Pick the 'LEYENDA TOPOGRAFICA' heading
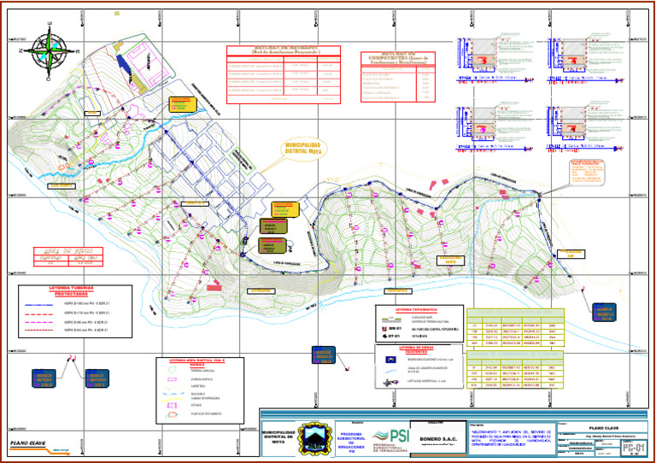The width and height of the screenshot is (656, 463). point(418,310)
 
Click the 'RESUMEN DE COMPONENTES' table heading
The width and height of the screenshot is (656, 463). point(397,56)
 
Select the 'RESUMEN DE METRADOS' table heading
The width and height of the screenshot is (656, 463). point(284,50)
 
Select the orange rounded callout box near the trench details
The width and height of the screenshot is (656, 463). point(587,174)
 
